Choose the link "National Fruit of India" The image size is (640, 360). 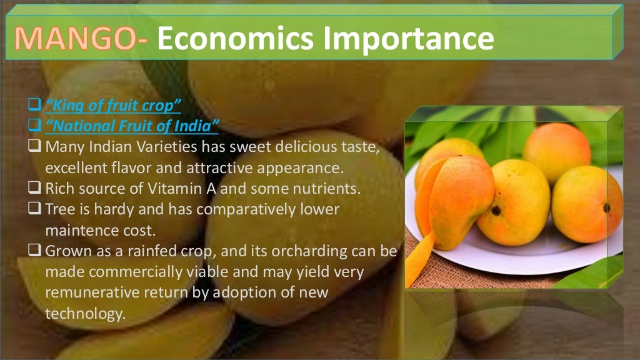coord(131,127)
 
